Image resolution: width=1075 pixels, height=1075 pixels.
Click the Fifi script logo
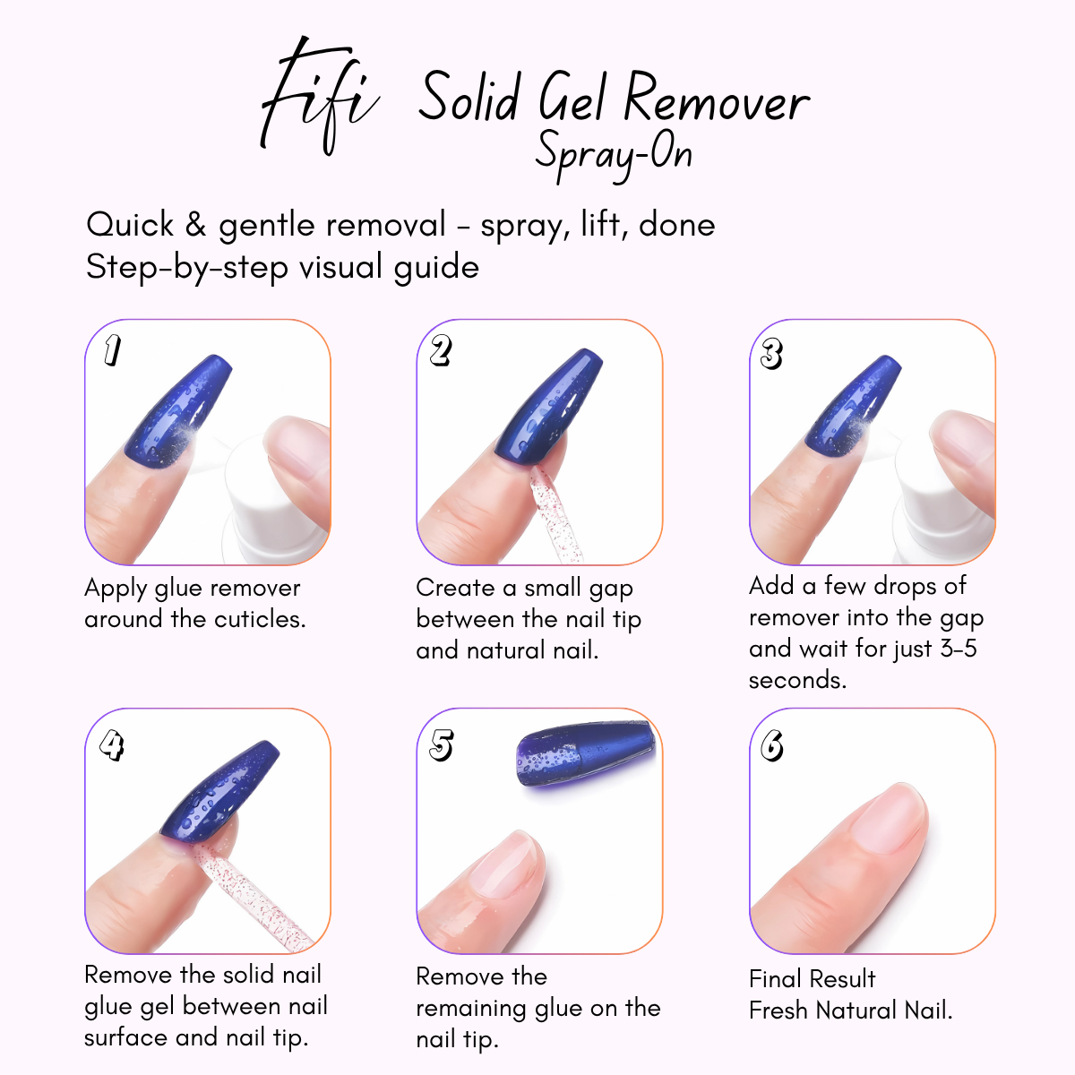(318, 99)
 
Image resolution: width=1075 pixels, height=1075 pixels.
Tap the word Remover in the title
(717, 99)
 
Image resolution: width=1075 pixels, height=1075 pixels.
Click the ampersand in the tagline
(195, 224)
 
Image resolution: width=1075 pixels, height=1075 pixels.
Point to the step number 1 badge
(111, 350)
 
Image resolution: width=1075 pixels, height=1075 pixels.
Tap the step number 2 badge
(440, 350)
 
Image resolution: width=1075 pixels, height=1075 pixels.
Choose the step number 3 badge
(771, 354)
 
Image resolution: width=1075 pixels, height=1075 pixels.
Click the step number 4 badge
(111, 744)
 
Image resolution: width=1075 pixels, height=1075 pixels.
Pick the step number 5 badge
(441, 744)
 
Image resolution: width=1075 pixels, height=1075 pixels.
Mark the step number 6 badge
(772, 744)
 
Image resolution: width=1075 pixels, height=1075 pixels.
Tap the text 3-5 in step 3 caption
(958, 649)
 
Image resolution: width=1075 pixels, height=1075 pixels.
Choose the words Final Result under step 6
(812, 979)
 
